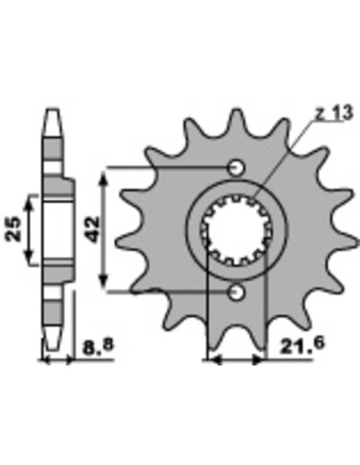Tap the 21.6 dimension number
coord(302,345)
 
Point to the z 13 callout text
coord(335,113)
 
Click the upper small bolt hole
coord(237,168)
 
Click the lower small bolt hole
coord(237,293)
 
